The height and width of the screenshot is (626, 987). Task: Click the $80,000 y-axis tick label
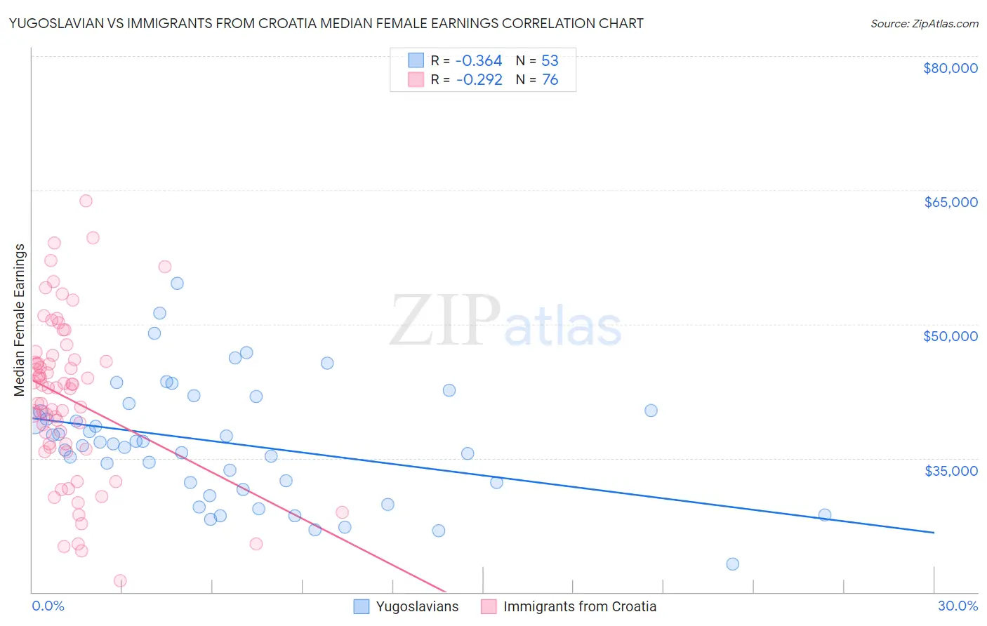[950, 68]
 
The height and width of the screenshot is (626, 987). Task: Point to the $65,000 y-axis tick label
[950, 202]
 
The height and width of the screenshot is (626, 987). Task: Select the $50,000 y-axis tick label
[950, 336]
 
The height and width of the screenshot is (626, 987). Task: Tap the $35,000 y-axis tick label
[950, 470]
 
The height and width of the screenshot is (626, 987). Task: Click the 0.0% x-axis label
[48, 606]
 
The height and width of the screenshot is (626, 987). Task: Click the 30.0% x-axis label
[958, 606]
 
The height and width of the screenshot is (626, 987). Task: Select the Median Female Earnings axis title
[20, 320]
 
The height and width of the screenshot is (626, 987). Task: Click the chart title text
[326, 23]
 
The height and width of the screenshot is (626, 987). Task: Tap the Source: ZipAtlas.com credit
[924, 24]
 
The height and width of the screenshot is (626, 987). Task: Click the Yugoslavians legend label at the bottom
[417, 606]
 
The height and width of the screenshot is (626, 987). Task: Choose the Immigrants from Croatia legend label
[580, 606]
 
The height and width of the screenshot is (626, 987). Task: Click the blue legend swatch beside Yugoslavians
[362, 606]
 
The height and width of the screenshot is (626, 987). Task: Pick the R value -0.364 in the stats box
[479, 61]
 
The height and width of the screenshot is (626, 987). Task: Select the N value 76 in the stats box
[550, 80]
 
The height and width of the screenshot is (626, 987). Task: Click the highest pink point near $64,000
[86, 201]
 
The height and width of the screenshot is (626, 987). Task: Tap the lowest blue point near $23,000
[732, 564]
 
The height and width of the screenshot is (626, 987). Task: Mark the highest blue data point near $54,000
[177, 284]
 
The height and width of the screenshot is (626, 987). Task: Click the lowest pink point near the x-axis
[120, 581]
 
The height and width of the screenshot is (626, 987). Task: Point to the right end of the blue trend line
[934, 533]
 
